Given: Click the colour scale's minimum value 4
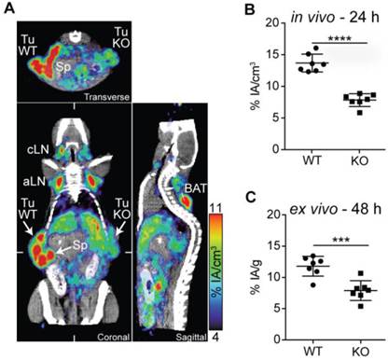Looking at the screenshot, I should coord(215,348).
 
